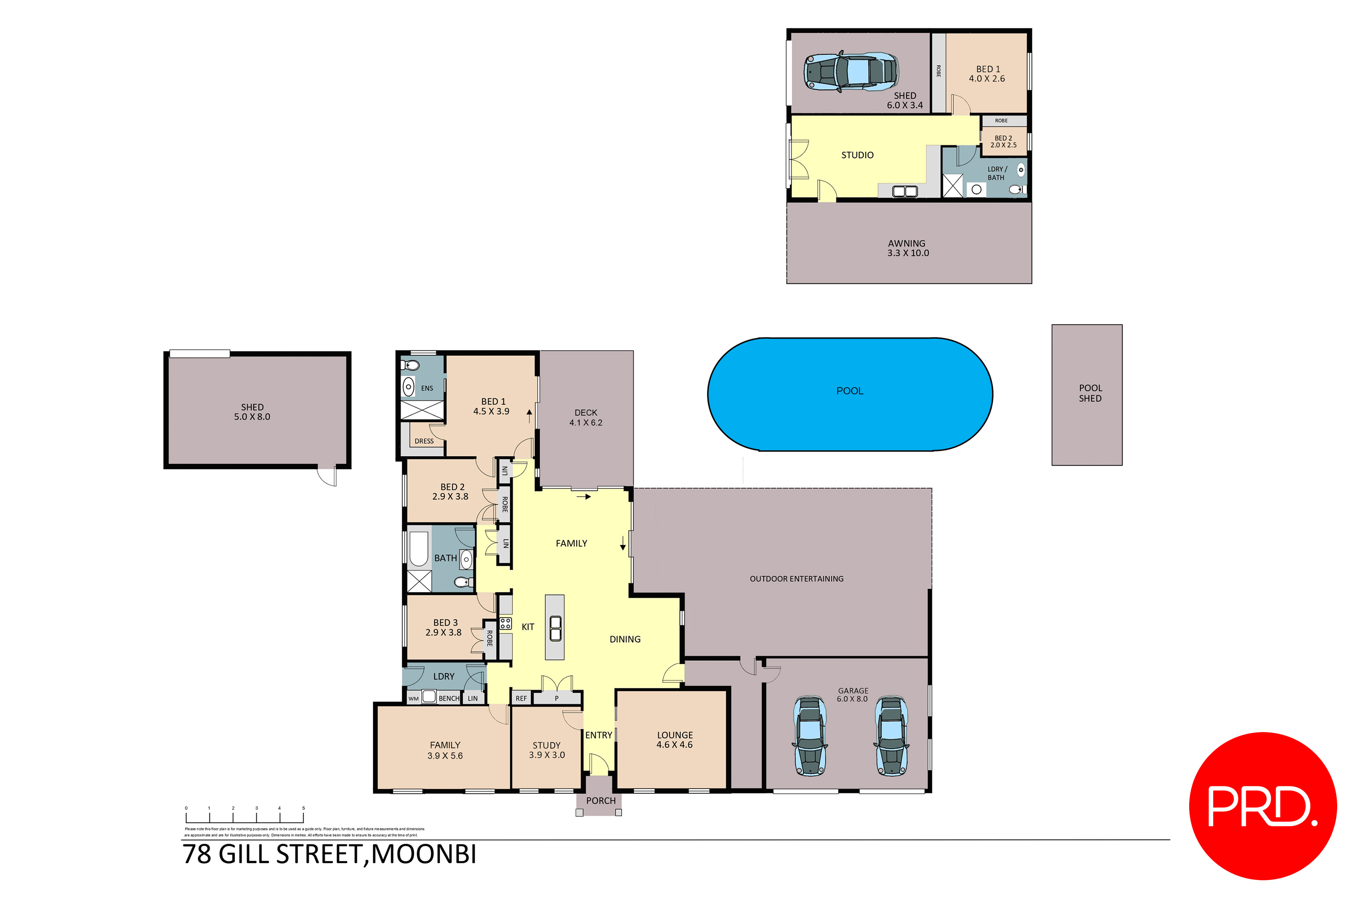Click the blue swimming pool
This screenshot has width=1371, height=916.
850,394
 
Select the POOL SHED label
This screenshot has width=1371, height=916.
1090,393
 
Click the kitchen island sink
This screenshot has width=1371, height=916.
555,628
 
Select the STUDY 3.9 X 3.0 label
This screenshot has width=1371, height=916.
547,750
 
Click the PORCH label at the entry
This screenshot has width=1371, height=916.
601,801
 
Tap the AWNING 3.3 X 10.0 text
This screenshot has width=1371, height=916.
907,248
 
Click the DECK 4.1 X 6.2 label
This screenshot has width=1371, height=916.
586,418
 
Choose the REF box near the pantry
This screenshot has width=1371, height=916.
521,698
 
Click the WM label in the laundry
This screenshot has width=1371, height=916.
413,699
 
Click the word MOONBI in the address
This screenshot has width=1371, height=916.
424,854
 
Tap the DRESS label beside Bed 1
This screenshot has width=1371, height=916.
424,441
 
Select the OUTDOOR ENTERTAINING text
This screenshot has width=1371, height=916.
796,579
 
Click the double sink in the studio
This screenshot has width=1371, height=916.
905,191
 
